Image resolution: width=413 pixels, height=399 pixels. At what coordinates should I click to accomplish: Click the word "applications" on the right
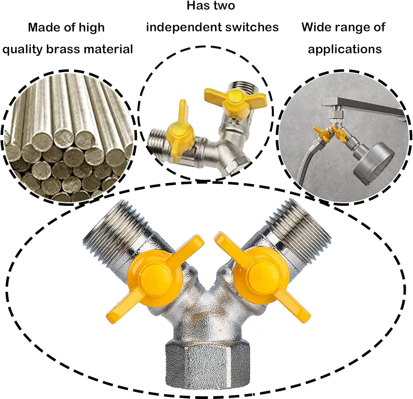pyautogui.click(x=345, y=49)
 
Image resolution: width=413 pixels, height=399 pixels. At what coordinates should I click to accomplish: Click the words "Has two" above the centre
pyautogui.click(x=211, y=5)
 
